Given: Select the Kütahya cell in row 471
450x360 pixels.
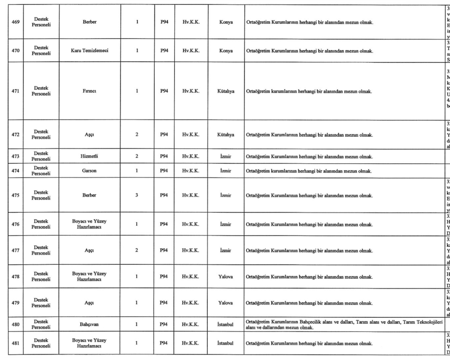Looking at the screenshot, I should tap(226, 91).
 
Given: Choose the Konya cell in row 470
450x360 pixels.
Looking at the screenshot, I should tap(226, 51).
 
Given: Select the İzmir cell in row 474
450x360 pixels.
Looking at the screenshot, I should tap(226, 170).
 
